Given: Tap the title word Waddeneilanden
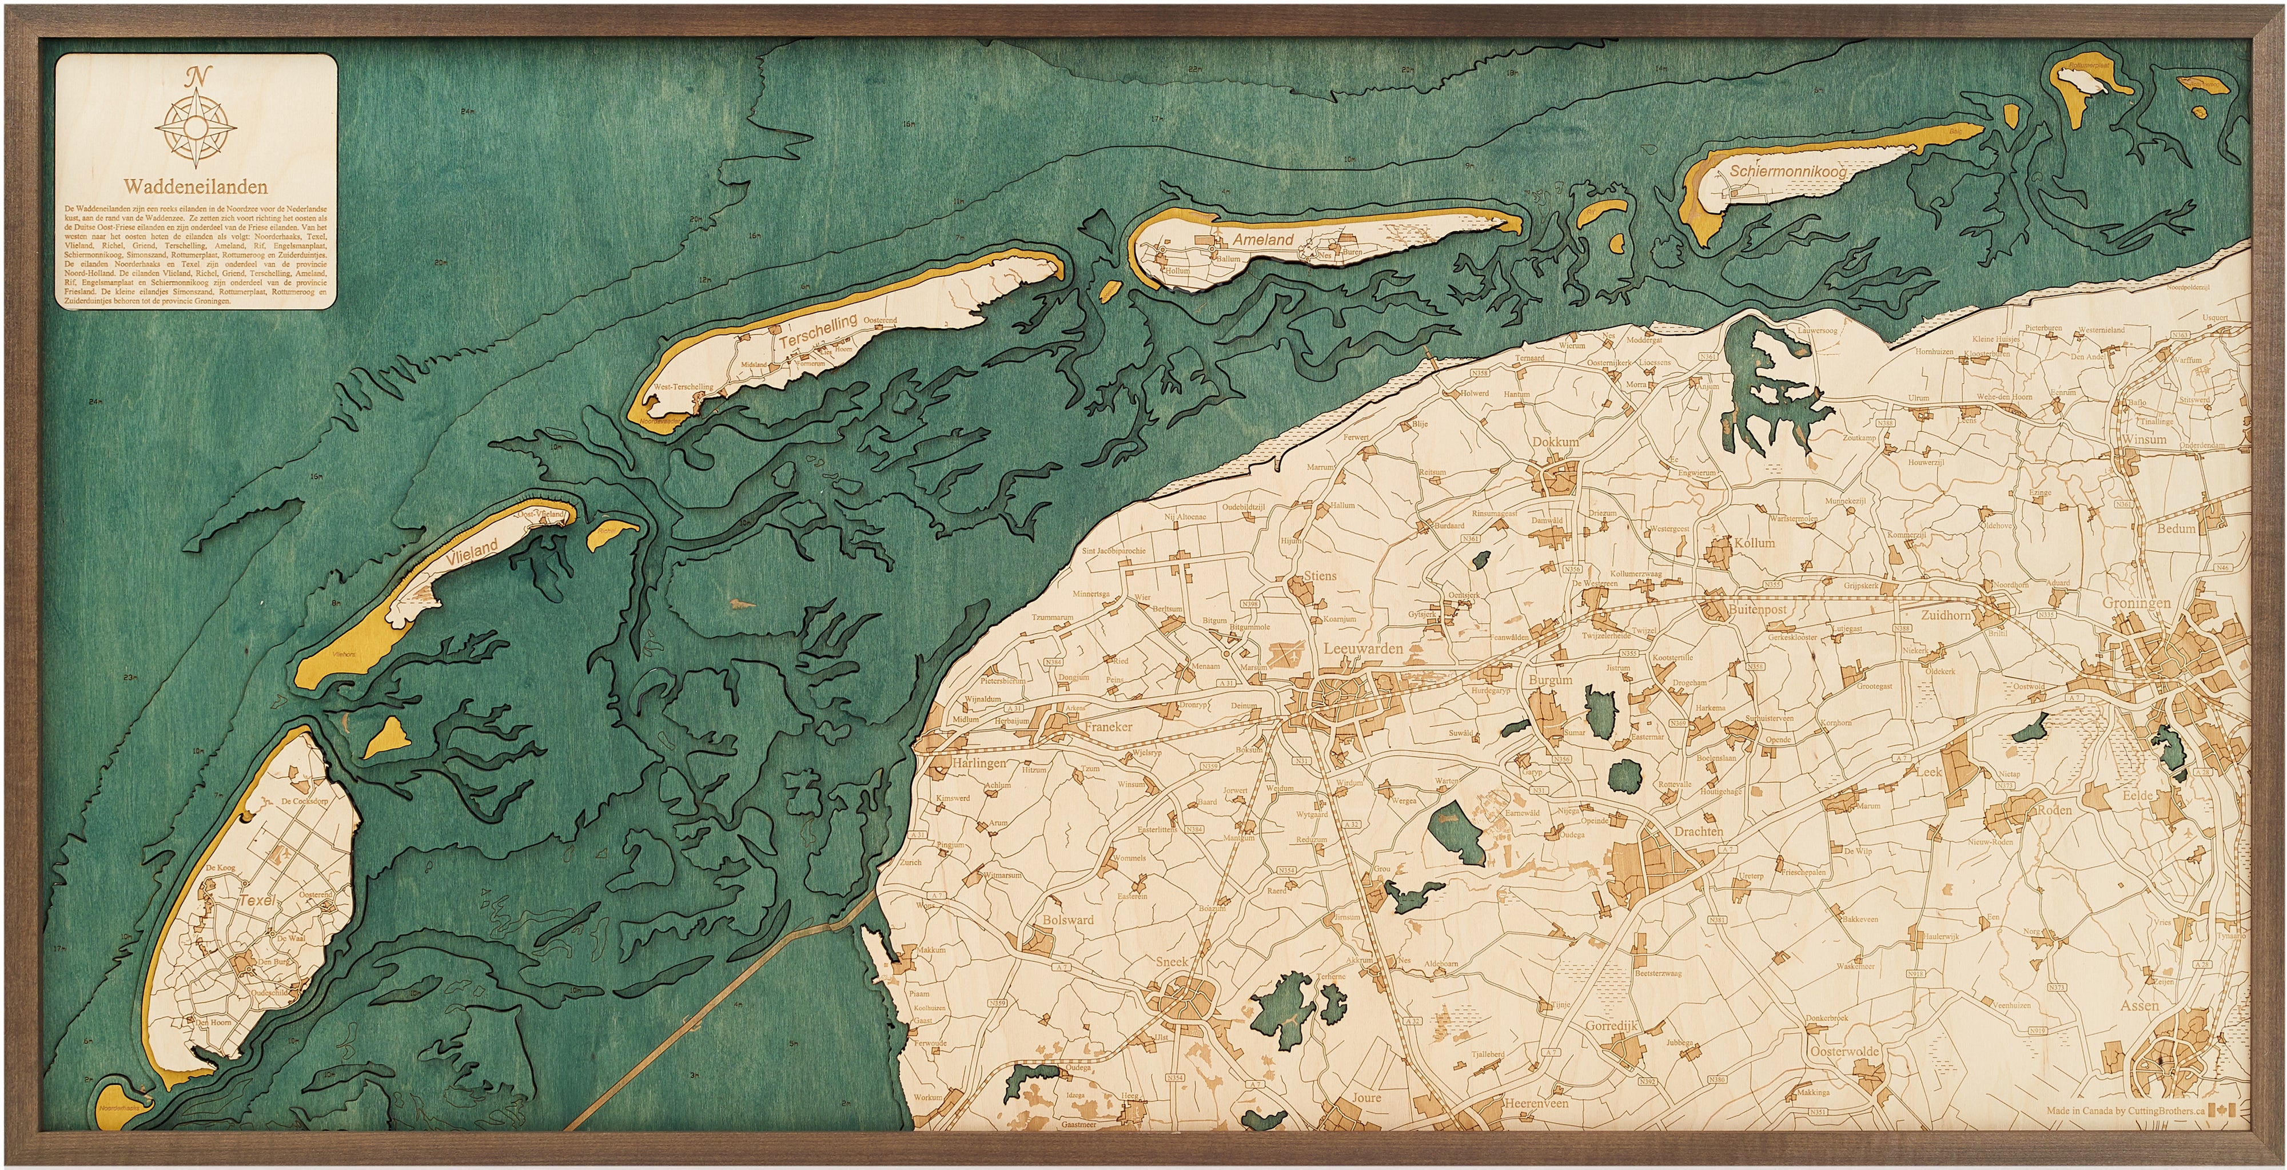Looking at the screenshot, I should click(x=196, y=188).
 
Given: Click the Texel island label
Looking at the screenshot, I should click(x=257, y=900).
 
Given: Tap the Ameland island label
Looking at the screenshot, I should click(x=1262, y=240).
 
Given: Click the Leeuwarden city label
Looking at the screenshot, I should click(x=1363, y=649).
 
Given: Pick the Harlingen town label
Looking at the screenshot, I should click(x=979, y=762).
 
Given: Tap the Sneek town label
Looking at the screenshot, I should click(x=1172, y=961).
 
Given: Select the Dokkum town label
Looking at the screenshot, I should click(x=1555, y=442).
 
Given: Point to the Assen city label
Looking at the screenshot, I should click(x=2139, y=1006).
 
